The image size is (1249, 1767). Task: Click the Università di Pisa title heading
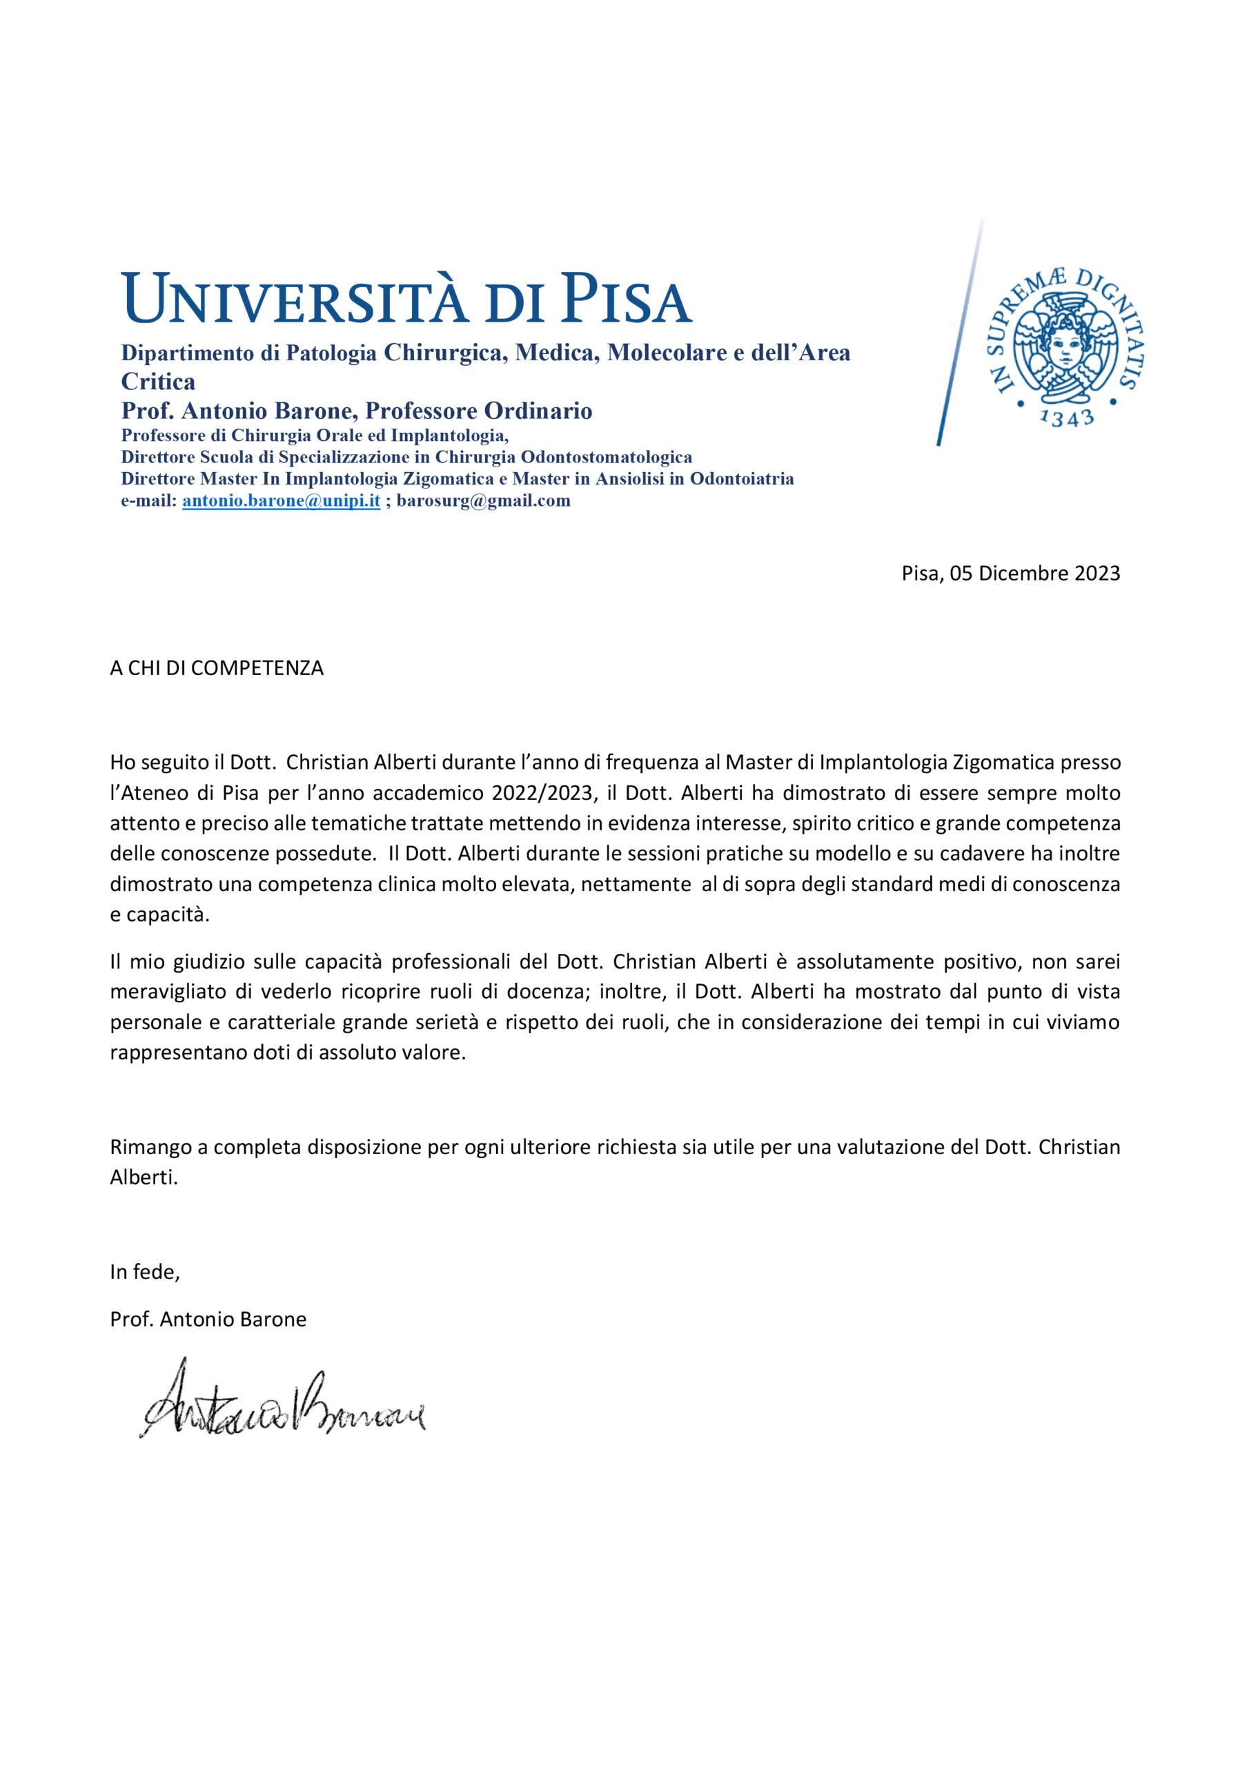(406, 299)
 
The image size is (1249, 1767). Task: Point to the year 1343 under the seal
(1066, 418)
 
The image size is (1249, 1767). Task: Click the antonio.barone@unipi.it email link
(281, 501)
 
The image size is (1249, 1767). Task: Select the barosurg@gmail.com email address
(483, 501)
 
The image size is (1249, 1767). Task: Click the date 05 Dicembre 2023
(1034, 574)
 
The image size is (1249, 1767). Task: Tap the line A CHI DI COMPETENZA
(216, 668)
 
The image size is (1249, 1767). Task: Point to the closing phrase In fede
(145, 1272)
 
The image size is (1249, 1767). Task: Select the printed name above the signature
(208, 1319)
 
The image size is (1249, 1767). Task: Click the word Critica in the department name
(158, 382)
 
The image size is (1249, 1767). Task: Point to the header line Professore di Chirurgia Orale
(315, 436)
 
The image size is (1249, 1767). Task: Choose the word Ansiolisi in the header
(642, 479)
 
